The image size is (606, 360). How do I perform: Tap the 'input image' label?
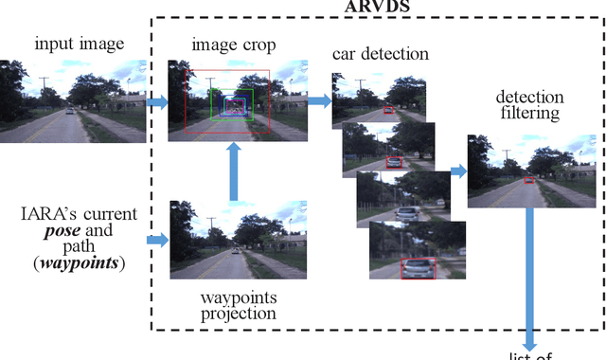point(73,45)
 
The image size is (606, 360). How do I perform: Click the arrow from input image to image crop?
point(156,100)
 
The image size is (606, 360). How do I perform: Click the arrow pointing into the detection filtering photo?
point(457,171)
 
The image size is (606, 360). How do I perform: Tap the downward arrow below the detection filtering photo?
point(530,275)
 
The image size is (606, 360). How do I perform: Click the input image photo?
point(73,100)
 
